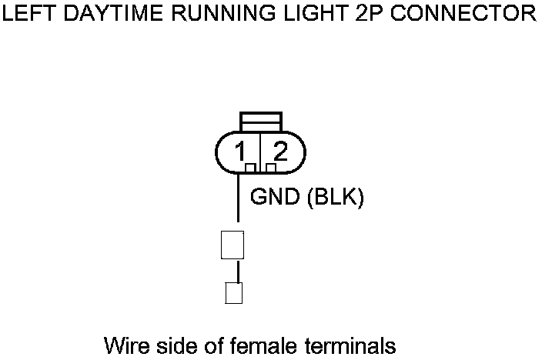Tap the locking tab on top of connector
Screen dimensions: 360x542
point(261,122)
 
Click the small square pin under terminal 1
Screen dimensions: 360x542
point(250,167)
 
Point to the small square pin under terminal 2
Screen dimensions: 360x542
point(271,167)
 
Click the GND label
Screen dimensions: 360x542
point(275,198)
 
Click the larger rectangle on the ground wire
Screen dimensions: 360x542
point(233,245)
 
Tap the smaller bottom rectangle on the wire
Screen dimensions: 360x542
point(233,293)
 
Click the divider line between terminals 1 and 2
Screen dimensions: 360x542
point(261,150)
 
